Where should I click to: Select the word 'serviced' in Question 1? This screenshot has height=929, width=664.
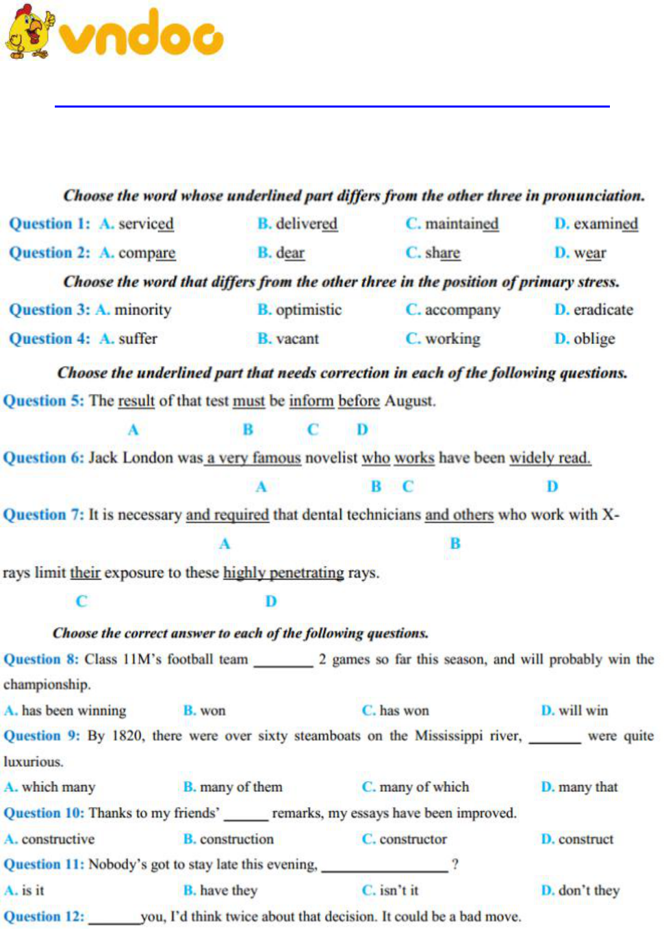click(x=146, y=224)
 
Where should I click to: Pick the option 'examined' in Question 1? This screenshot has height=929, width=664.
click(x=605, y=224)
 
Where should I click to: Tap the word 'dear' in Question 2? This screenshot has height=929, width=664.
click(x=290, y=253)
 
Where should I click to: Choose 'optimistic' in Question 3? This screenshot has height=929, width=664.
click(x=308, y=310)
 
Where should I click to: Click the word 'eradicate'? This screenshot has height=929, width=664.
click(x=603, y=310)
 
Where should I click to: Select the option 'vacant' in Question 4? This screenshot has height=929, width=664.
click(x=297, y=338)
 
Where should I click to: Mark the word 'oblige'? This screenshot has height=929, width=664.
click(x=594, y=338)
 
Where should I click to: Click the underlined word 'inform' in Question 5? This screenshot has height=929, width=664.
click(x=311, y=401)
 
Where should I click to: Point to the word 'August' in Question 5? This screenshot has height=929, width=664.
click(x=409, y=401)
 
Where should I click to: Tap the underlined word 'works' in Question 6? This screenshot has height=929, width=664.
click(x=414, y=458)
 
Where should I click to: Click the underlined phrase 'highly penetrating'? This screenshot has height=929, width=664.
click(x=283, y=573)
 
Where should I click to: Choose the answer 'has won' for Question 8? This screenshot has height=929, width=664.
click(x=404, y=710)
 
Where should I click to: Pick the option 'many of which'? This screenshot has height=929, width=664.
click(x=424, y=787)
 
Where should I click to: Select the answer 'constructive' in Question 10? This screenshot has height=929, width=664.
click(x=58, y=839)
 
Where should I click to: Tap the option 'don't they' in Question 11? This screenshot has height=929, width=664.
click(x=589, y=891)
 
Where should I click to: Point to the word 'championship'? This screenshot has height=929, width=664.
click(x=47, y=684)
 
